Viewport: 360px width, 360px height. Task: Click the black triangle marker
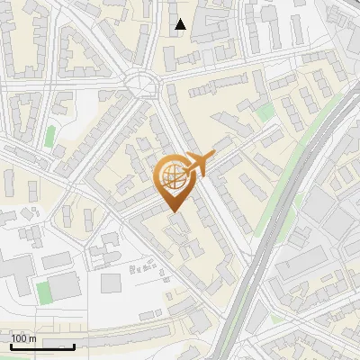pos(181,24)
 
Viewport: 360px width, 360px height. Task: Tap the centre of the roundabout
pos(142,85)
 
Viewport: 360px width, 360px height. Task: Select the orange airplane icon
pos(197,164)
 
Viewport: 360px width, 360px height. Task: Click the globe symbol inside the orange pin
pos(171,175)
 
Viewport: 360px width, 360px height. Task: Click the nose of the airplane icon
pos(213,155)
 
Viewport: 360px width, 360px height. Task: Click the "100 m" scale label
pos(23,339)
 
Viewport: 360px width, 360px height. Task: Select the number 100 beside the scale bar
pos(19,339)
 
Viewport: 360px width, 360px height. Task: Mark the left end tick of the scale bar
pos(10,346)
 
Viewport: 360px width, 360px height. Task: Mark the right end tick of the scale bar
pos(74,346)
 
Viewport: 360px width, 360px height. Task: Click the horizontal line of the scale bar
pos(41,346)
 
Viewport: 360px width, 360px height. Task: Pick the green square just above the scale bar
pos(43,292)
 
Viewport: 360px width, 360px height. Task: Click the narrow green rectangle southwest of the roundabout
pos(50,138)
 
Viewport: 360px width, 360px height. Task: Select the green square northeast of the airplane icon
pos(265,112)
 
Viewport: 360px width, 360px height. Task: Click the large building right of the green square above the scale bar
pos(67,287)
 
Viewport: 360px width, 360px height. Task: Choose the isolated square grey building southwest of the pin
pos(111,283)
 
